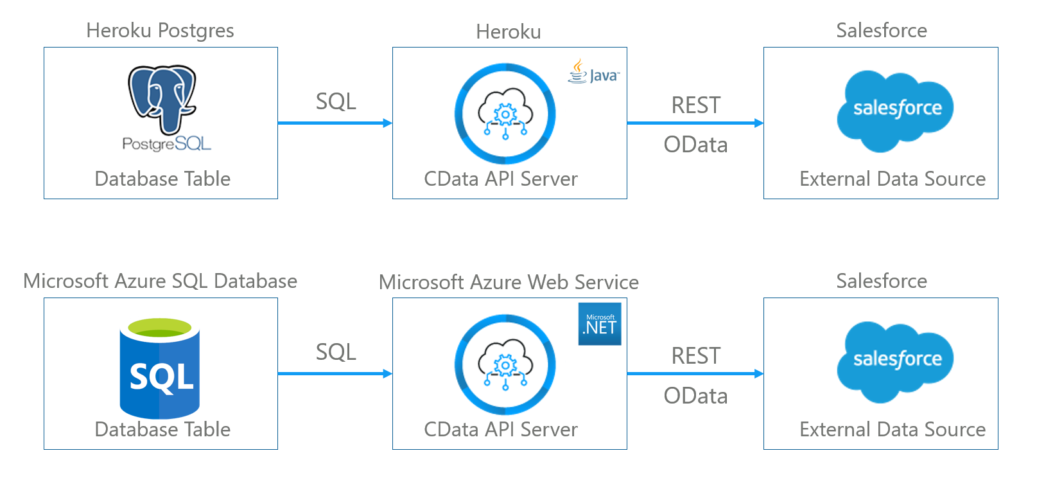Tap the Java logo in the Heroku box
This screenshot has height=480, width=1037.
(x=593, y=72)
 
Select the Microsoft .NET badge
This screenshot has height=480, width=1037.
(x=600, y=324)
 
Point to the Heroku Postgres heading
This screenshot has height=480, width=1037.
(x=160, y=30)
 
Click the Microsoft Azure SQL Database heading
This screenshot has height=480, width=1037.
(x=160, y=281)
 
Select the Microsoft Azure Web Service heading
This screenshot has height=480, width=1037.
(x=509, y=282)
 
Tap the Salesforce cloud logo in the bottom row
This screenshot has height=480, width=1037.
(x=895, y=361)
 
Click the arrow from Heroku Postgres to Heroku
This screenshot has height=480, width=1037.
(x=335, y=123)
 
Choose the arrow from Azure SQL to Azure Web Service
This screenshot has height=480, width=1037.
(x=335, y=373)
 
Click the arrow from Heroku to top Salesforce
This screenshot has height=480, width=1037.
(x=695, y=123)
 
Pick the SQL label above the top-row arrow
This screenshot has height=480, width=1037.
(x=336, y=102)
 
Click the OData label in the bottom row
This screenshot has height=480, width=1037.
(x=695, y=396)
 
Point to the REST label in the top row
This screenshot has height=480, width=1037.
(x=696, y=105)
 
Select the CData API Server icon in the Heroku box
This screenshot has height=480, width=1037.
(x=505, y=114)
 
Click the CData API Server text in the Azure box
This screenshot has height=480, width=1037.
(x=501, y=429)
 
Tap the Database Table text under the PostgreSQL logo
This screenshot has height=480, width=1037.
(x=162, y=179)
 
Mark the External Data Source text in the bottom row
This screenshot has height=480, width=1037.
(x=893, y=429)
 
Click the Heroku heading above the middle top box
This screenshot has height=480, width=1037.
(x=509, y=31)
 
